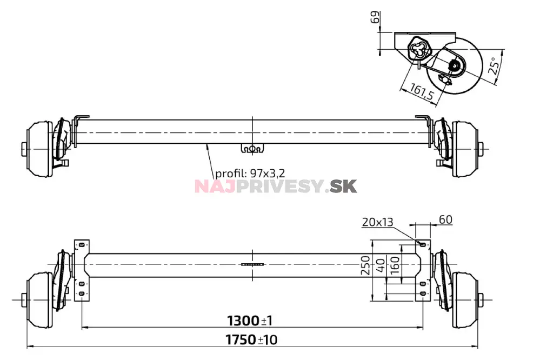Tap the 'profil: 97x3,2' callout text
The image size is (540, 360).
click(x=250, y=174)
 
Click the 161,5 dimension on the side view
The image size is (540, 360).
click(x=422, y=92)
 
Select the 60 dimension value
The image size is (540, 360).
click(x=445, y=219)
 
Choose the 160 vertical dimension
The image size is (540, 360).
click(x=395, y=266)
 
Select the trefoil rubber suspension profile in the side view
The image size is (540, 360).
click(x=419, y=50)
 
